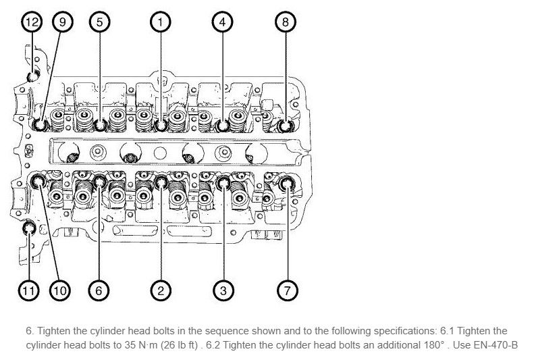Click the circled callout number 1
(160, 22)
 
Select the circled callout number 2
(160, 291)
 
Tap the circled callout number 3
(223, 291)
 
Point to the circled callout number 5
(99, 22)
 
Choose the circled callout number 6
(99, 291)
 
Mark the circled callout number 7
(287, 291)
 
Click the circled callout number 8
(286, 22)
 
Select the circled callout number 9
(63, 22)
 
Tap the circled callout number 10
(59, 291)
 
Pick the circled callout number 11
(28, 291)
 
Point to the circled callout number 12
(31, 22)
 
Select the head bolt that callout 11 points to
(29, 230)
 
